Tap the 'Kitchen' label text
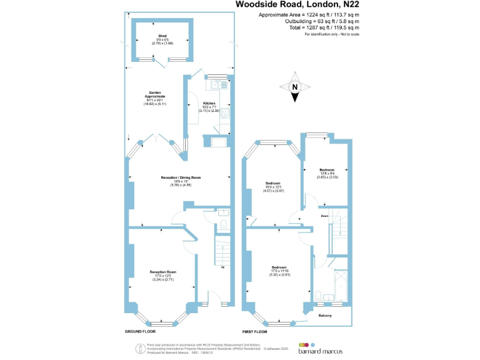[x=209, y=103]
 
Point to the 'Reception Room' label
[x=163, y=271]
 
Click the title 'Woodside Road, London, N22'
[x=297, y=6]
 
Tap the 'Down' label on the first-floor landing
[x=324, y=216]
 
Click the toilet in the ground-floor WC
[x=223, y=223]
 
